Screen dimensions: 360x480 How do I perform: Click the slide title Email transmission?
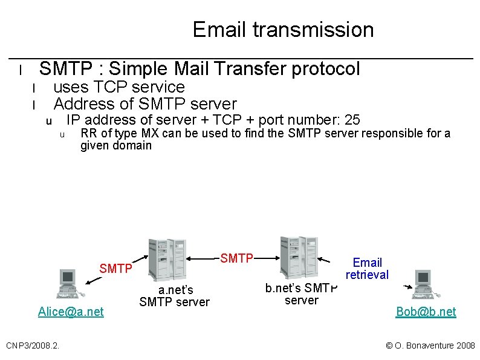(x=283, y=30)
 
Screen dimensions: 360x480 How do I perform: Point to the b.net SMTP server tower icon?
(x=299, y=257)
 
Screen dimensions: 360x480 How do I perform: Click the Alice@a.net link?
(x=71, y=312)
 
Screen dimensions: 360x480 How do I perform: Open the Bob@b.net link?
(x=426, y=312)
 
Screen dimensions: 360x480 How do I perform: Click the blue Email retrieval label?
(x=367, y=268)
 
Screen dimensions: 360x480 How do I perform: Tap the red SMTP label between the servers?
(x=236, y=258)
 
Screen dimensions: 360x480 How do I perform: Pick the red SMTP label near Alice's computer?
(x=116, y=268)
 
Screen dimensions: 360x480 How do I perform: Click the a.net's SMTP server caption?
(x=174, y=296)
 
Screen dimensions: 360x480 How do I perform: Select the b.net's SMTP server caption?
(x=301, y=293)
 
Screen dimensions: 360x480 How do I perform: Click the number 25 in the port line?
(x=352, y=119)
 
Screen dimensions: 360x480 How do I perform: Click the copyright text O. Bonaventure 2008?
(x=430, y=345)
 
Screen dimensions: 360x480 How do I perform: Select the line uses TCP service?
(x=119, y=87)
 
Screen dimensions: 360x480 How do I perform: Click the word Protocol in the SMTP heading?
(x=325, y=69)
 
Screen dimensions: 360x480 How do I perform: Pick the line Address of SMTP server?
(x=145, y=103)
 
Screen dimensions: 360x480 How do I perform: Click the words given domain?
(x=116, y=145)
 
